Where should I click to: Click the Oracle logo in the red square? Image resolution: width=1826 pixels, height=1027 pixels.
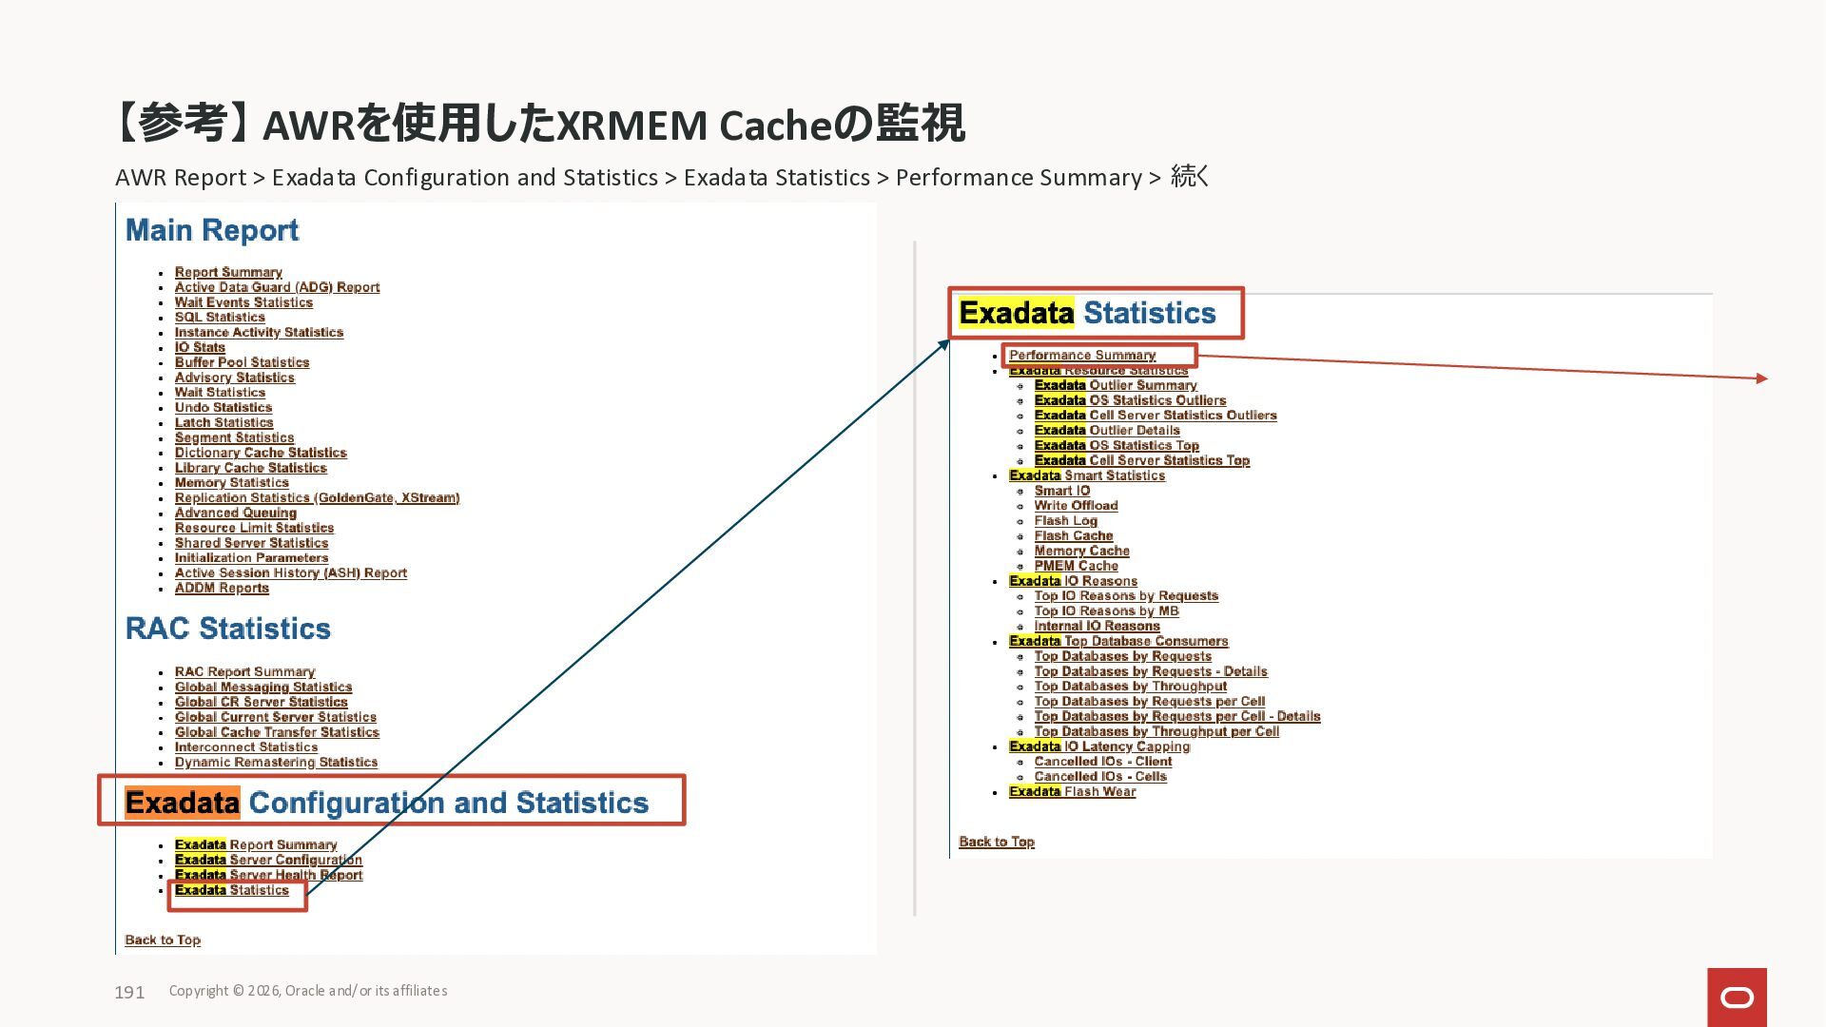pyautogui.click(x=1737, y=997)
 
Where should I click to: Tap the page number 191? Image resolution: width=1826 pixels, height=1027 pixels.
pyautogui.click(x=129, y=992)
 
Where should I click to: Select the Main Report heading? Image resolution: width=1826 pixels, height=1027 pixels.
pyautogui.click(x=212, y=230)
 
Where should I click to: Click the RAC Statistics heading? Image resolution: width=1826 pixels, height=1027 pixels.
pyautogui.click(x=228, y=629)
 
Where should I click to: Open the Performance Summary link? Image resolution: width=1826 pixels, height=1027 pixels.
pyautogui.click(x=1082, y=355)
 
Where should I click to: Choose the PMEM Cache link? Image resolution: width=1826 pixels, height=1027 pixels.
pyautogui.click(x=1076, y=566)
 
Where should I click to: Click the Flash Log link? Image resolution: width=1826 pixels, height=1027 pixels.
pyautogui.click(x=1065, y=521)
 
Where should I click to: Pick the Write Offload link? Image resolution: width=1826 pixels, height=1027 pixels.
pyautogui.click(x=1076, y=506)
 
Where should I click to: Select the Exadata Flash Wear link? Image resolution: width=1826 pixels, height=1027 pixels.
pyautogui.click(x=1072, y=791)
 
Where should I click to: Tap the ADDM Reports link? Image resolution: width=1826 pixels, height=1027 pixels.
pyautogui.click(x=222, y=589)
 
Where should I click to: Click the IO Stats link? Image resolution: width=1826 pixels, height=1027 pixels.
pyautogui.click(x=200, y=347)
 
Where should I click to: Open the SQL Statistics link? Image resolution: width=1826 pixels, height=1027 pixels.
pyautogui.click(x=220, y=318)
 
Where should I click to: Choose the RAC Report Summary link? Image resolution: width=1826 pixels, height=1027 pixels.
pyautogui.click(x=244, y=671)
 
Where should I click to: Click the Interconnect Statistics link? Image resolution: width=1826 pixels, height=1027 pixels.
pyautogui.click(x=246, y=747)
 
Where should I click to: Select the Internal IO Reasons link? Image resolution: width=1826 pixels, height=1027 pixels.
pyautogui.click(x=1097, y=626)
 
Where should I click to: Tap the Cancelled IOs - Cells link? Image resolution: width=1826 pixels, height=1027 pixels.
pyautogui.click(x=1100, y=777)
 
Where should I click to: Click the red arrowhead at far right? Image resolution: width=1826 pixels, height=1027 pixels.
pyautogui.click(x=1762, y=378)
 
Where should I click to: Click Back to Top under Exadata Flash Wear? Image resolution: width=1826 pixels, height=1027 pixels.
pyautogui.click(x=997, y=842)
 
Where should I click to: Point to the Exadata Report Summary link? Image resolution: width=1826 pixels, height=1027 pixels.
pyautogui.click(x=256, y=844)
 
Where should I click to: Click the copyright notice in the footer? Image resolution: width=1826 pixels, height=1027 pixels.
pyautogui.click(x=308, y=991)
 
